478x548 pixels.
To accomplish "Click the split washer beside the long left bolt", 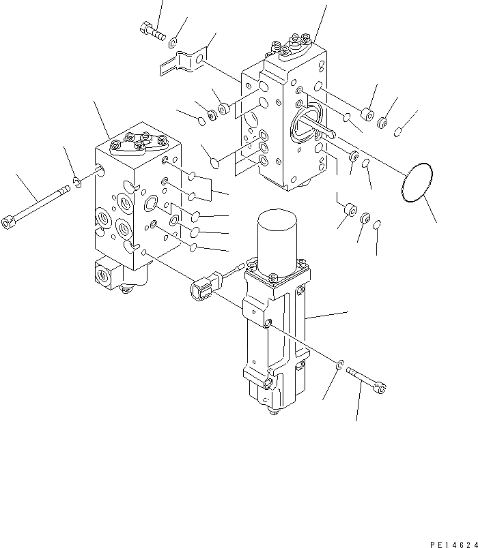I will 78,183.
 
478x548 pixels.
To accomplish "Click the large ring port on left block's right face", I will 151,203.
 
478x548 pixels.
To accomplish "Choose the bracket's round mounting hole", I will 198,61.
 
